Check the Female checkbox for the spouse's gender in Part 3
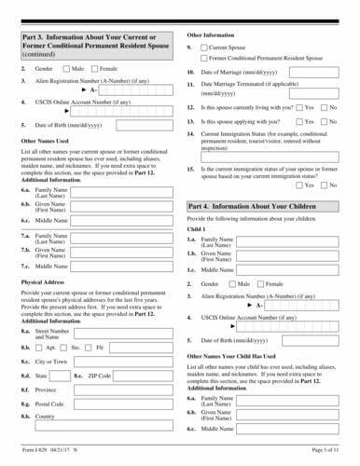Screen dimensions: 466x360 click(x=94, y=69)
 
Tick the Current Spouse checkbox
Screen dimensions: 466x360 click(x=203, y=46)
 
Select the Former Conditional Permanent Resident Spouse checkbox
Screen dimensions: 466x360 click(x=203, y=57)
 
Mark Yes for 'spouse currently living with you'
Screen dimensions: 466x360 click(x=299, y=107)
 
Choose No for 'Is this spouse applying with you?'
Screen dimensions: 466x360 click(x=325, y=121)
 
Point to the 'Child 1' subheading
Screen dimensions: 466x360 click(x=195, y=228)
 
